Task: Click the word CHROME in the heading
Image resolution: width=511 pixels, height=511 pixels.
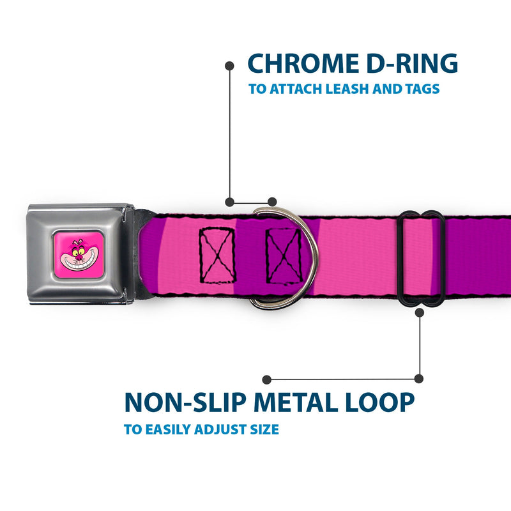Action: click(x=303, y=63)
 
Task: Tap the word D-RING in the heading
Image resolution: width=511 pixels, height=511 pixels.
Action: click(x=412, y=63)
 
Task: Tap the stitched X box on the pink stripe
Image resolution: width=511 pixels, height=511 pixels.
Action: click(x=217, y=255)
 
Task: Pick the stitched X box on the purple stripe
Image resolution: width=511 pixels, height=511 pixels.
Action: click(x=284, y=256)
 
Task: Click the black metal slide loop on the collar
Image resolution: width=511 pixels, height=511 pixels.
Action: click(x=421, y=259)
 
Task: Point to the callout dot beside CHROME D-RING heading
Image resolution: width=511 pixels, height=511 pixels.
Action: click(x=229, y=66)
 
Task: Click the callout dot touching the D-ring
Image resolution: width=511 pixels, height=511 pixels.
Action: click(x=272, y=202)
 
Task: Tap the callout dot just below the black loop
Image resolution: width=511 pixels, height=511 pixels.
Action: click(x=420, y=313)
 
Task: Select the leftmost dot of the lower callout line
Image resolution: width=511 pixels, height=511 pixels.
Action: click(x=266, y=379)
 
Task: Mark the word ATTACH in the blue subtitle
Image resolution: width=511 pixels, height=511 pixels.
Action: click(x=296, y=89)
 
